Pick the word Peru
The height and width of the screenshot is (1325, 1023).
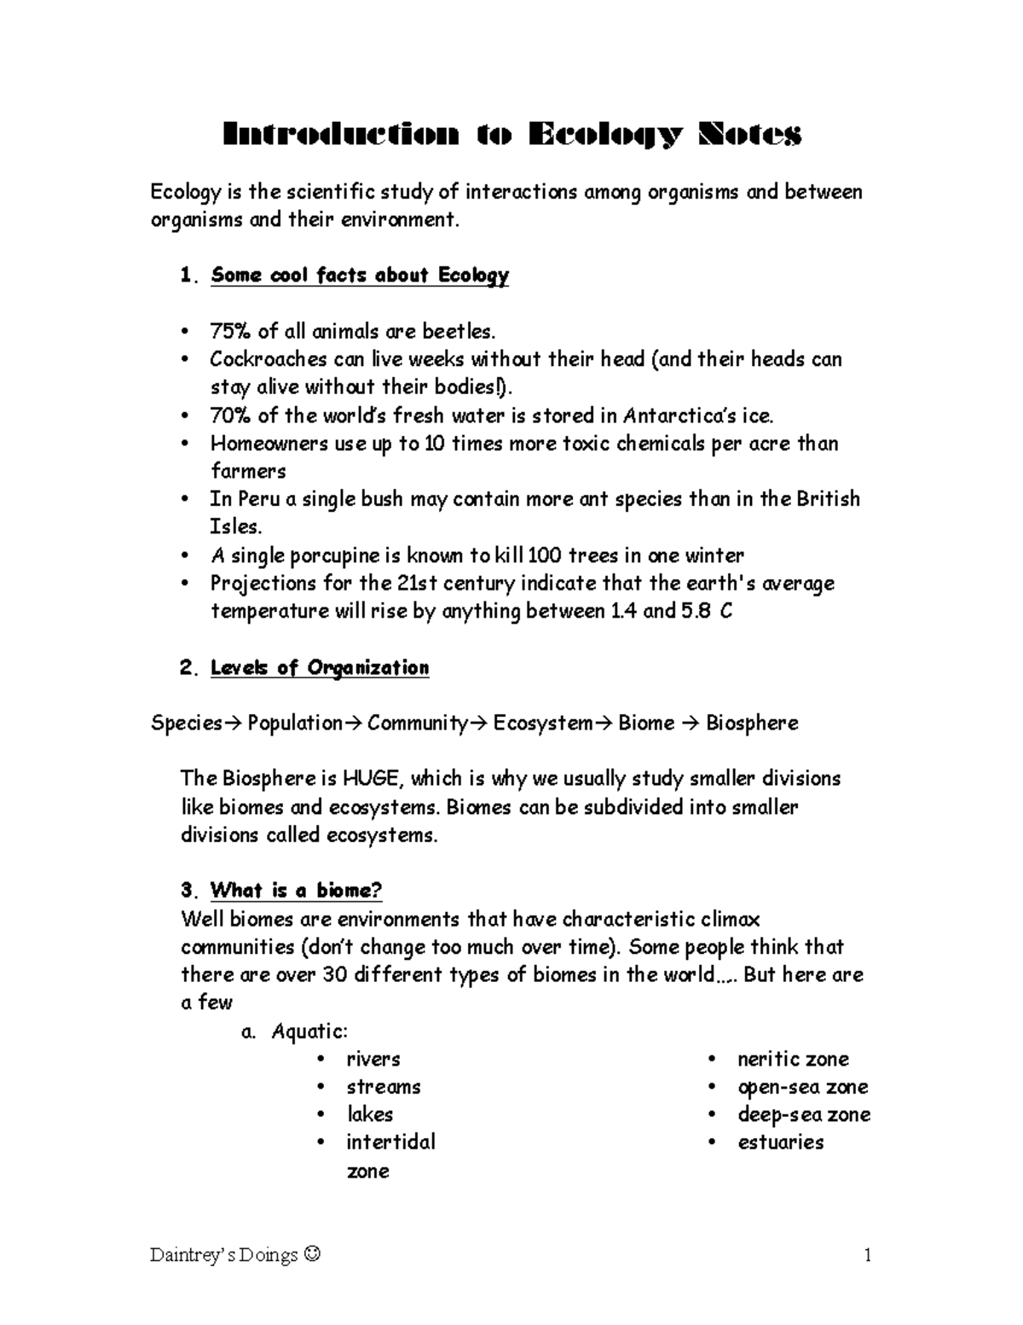[257, 499]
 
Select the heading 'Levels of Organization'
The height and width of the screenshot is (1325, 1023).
[319, 668]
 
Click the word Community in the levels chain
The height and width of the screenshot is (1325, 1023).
[419, 724]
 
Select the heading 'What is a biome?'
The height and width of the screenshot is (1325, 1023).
[296, 891]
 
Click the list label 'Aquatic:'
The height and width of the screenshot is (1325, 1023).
[309, 1032]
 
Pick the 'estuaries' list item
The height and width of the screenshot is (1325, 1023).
[780, 1142]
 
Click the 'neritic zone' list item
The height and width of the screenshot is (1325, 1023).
[793, 1060]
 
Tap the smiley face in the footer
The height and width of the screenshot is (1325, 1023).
[312, 1255]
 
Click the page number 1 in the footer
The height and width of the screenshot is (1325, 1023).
[867, 1255]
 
